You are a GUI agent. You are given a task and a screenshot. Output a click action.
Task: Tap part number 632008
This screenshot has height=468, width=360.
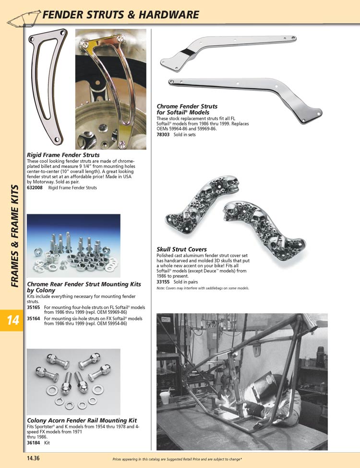[35, 188]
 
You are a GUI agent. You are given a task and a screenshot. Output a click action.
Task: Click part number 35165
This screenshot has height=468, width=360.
[33, 307]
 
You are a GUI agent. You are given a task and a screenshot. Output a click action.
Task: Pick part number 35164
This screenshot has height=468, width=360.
[33, 319]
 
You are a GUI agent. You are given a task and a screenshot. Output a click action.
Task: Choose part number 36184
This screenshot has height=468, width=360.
[33, 443]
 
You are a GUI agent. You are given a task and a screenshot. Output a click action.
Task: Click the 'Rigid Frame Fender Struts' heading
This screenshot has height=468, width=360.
[63, 155]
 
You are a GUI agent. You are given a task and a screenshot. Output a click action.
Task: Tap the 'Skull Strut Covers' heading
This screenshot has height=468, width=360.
[181, 249]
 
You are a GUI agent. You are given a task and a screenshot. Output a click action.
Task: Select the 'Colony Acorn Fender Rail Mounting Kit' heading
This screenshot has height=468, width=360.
[82, 420]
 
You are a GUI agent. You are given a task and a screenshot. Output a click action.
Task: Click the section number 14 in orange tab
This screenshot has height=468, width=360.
[12, 320]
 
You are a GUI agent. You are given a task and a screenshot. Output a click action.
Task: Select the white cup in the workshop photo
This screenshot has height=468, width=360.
[165, 397]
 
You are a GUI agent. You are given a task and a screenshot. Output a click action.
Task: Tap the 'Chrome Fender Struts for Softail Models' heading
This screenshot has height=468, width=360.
[187, 109]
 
